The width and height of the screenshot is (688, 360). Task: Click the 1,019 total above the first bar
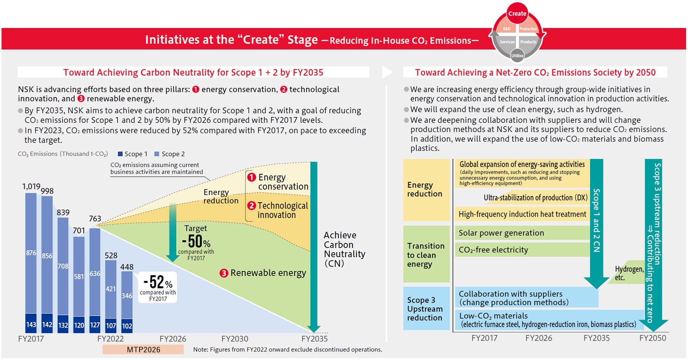tap(31, 187)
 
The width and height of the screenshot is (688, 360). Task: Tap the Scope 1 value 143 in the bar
tap(31, 325)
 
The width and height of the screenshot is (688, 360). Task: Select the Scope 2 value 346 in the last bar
tap(127, 296)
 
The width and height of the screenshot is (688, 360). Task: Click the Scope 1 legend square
tap(120, 154)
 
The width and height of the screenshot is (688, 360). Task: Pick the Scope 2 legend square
tap(157, 154)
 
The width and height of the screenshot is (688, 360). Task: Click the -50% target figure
tap(196, 242)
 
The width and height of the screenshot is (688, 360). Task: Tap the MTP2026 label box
tap(143, 350)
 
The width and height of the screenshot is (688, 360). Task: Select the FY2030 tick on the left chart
tap(234, 339)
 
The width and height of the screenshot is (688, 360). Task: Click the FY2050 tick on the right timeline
tap(653, 338)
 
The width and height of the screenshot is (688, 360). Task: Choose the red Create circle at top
tap(517, 13)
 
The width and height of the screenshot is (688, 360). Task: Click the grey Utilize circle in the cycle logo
tap(517, 55)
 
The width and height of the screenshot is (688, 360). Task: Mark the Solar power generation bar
tap(522, 233)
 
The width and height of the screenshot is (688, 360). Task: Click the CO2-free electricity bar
tap(522, 250)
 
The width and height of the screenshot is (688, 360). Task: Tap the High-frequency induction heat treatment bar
tap(522, 214)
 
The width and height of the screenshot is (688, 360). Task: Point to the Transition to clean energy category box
tap(426, 255)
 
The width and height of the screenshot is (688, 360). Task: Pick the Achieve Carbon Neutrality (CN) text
tap(344, 249)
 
